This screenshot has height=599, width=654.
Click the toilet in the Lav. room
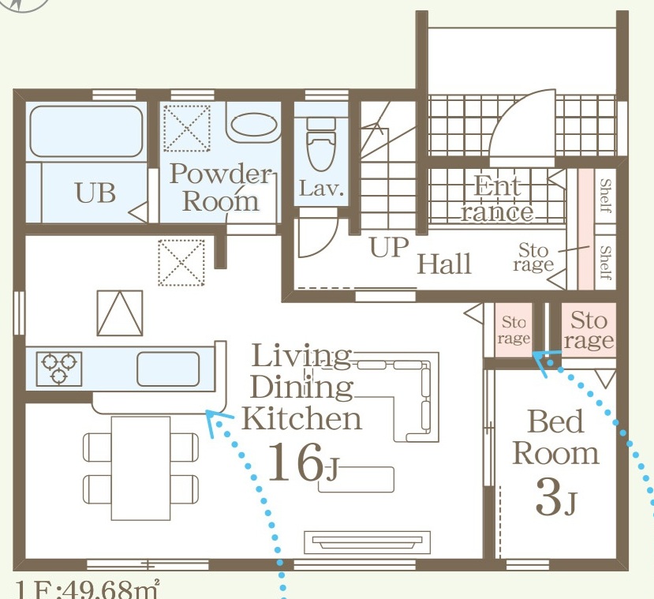321,144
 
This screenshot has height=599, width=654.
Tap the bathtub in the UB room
86,131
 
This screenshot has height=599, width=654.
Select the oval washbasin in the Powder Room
253,125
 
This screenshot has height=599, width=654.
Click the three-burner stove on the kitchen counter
59,369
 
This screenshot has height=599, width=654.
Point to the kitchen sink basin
168,369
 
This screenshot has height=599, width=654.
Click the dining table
140,468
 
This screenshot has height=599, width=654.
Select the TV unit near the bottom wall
367,542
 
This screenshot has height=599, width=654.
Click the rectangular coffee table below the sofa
357,480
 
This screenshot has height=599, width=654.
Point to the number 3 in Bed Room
548,497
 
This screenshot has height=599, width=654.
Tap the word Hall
444,264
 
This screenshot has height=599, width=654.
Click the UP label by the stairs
388,247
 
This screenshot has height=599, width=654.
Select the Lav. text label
321,189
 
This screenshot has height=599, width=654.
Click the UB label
95,193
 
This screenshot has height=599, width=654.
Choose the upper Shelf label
605,195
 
